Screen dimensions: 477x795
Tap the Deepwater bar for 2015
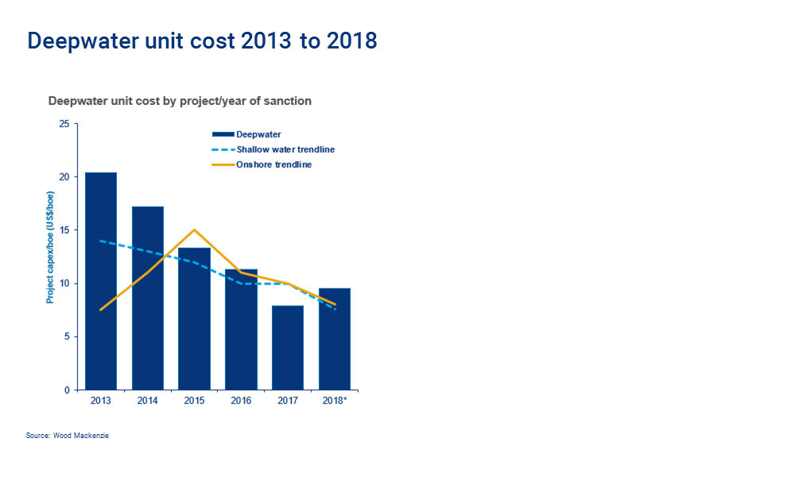point(195,319)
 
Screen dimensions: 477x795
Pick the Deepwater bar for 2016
point(242,329)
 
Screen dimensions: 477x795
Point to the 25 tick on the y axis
point(64,123)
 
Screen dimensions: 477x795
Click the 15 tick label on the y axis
point(64,231)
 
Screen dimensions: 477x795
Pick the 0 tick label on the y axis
point(67,390)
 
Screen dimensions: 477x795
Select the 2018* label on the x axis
point(335,401)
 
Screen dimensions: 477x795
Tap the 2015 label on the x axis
point(195,401)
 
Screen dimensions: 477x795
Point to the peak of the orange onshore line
point(195,230)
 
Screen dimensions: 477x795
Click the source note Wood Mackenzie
point(68,436)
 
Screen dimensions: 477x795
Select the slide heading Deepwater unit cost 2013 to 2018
point(202,41)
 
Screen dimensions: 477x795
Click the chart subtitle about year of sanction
point(180,101)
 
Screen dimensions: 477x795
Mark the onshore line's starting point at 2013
point(101,310)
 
